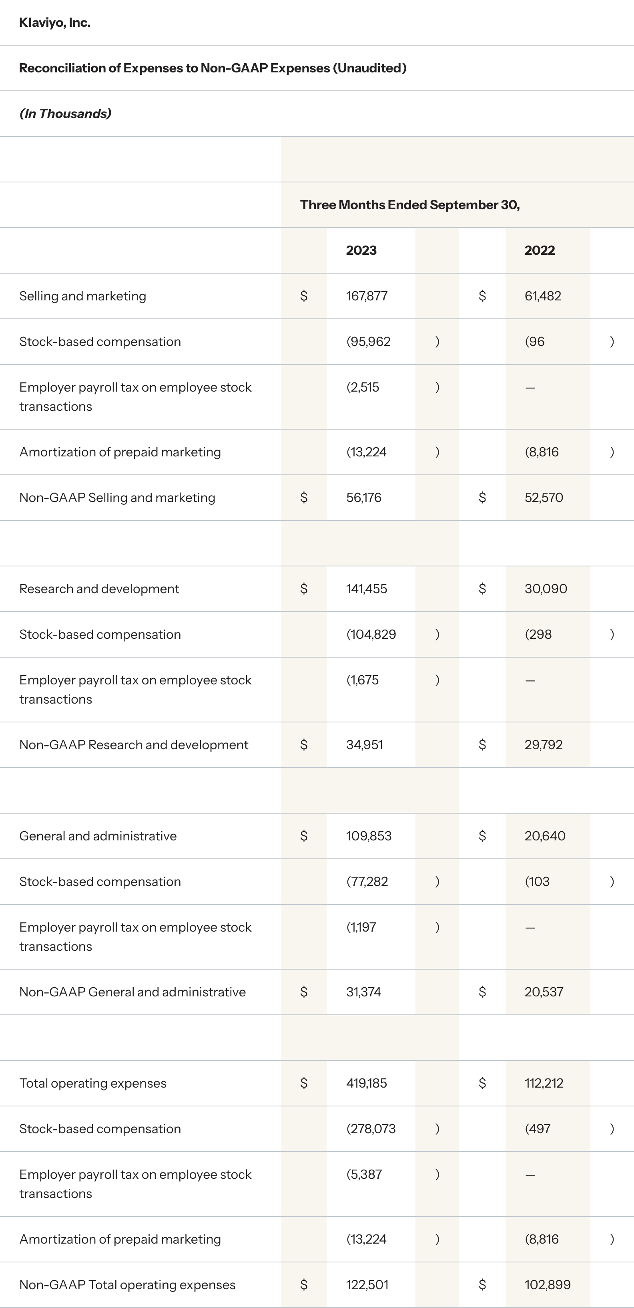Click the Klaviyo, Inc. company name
tap(55, 23)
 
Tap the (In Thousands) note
tap(65, 114)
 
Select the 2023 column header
tap(361, 250)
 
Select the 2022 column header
tap(540, 250)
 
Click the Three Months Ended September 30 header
tap(409, 205)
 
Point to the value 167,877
tap(367, 296)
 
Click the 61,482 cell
tap(543, 296)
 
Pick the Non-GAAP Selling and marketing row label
tap(117, 498)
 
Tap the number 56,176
tap(364, 498)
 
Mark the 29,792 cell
tap(544, 745)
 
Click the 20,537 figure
tap(544, 992)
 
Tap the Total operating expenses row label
tap(93, 1084)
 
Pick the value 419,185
tap(366, 1084)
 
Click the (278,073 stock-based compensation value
tap(371, 1129)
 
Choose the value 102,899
tap(548, 1285)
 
